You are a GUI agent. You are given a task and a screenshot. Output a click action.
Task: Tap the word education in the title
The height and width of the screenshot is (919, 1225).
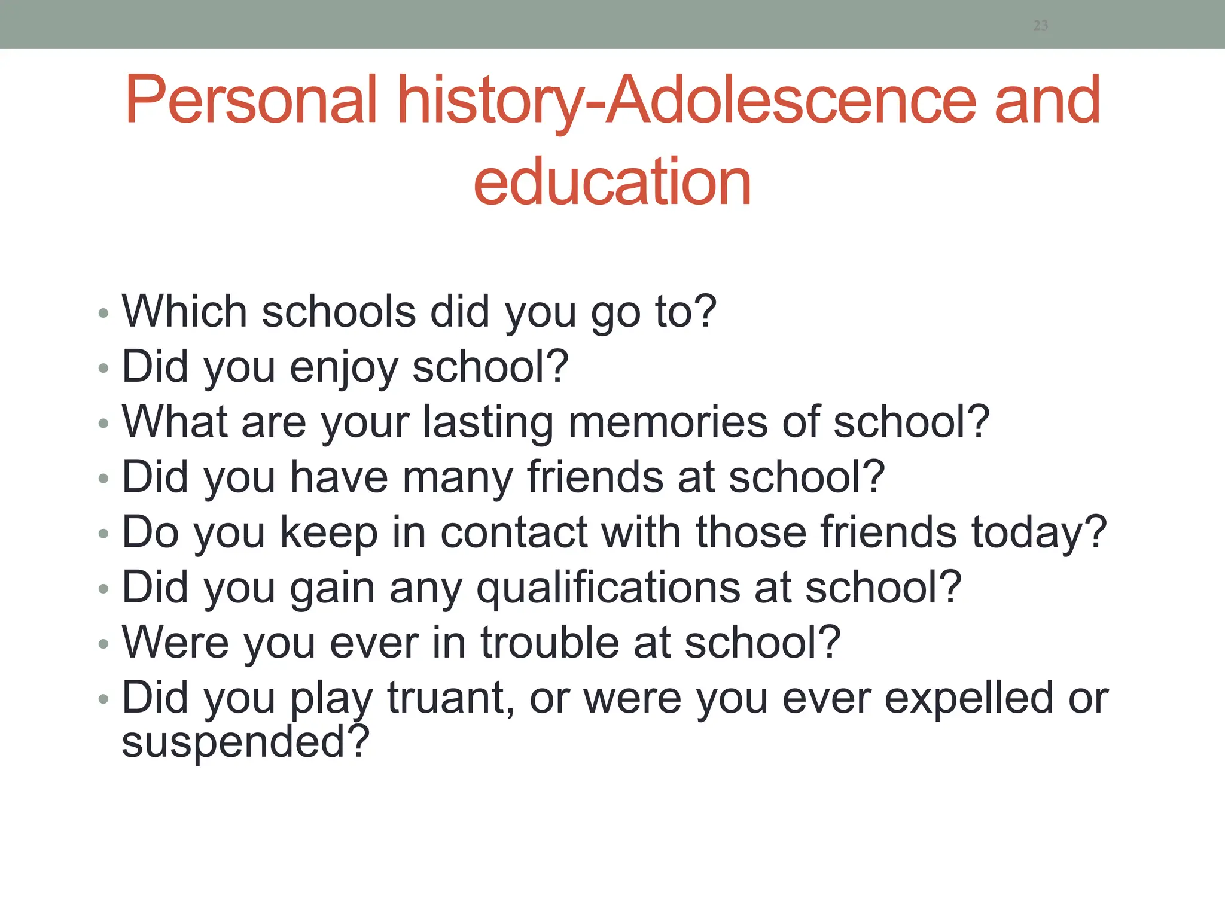(x=612, y=182)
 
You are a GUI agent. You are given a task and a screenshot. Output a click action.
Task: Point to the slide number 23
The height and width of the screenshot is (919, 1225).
(x=1040, y=25)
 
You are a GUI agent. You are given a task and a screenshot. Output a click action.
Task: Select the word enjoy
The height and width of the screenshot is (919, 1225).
(x=343, y=367)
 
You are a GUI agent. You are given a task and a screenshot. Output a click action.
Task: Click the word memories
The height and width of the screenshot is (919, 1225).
(x=668, y=422)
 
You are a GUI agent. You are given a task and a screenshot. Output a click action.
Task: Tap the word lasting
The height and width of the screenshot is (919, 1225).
(x=487, y=423)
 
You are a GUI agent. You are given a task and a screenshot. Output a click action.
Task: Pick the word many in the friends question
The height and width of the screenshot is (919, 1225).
(x=458, y=478)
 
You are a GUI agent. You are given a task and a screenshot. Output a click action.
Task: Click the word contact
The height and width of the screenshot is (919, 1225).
(x=514, y=532)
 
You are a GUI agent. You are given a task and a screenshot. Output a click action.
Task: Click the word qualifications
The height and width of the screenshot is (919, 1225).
(x=608, y=588)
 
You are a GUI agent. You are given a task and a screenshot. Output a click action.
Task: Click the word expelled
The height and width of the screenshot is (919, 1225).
(x=968, y=698)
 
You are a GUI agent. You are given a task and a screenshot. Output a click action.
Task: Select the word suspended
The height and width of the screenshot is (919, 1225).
(x=245, y=742)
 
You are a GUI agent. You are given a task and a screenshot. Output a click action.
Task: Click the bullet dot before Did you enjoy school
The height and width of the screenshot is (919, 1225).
(x=103, y=368)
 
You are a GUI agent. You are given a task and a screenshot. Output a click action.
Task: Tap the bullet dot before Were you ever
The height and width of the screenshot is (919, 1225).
(x=103, y=644)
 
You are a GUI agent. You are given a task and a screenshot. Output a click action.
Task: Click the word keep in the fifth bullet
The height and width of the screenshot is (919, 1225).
(x=328, y=533)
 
